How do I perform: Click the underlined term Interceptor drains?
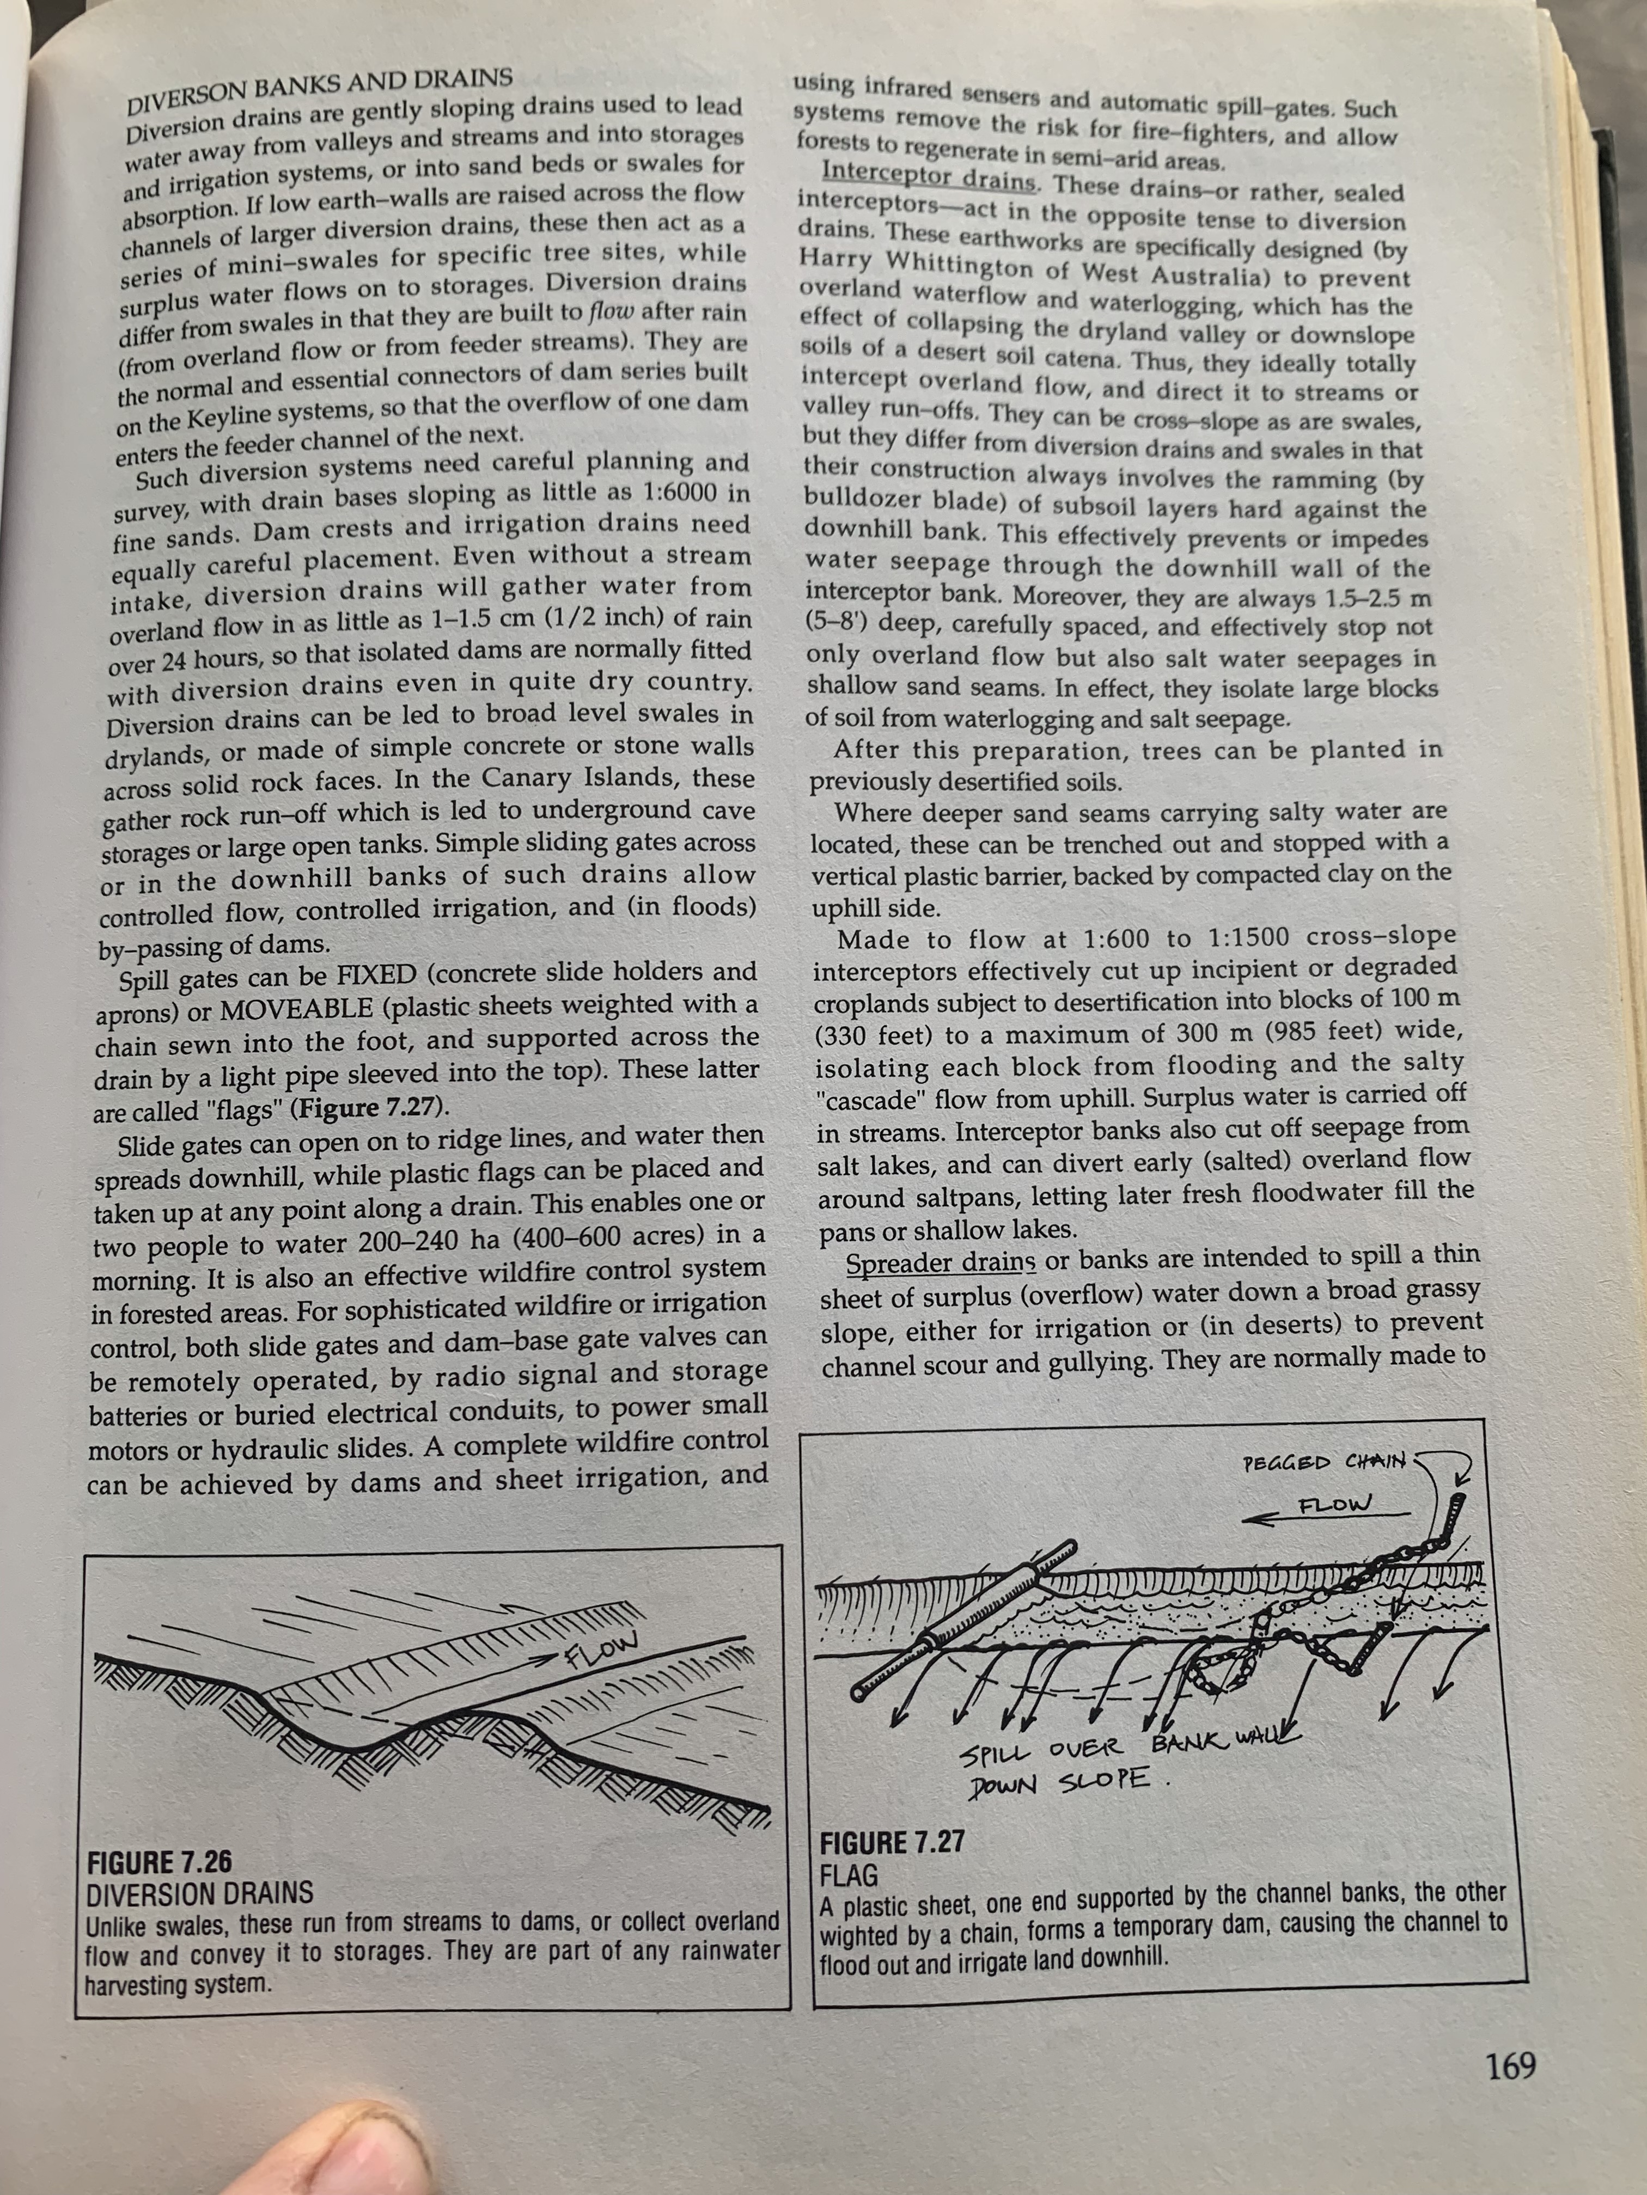[x=929, y=176]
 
